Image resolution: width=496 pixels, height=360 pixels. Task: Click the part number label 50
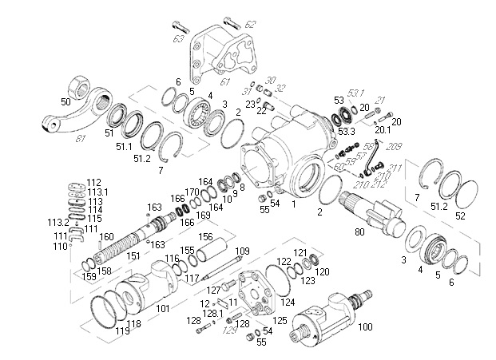65,102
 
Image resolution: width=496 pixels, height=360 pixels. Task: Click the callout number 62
250,25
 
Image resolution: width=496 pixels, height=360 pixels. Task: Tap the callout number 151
133,255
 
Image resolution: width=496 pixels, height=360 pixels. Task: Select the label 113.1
97,192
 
